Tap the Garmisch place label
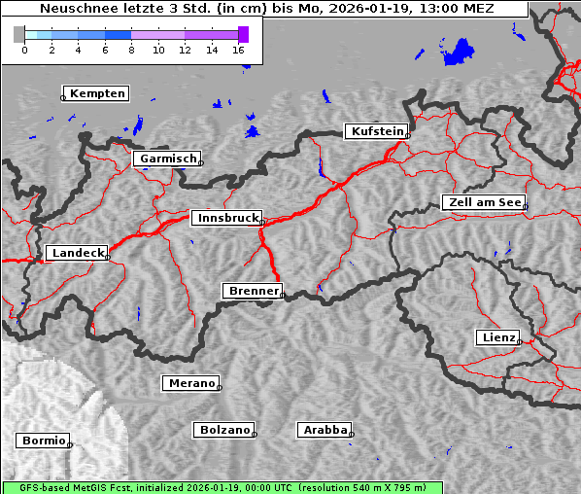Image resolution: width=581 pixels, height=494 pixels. tap(168, 159)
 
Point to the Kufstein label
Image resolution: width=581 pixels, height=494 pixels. tap(377, 131)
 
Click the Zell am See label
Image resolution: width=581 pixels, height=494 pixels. tap(484, 202)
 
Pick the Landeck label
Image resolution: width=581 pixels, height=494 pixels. tap(77, 253)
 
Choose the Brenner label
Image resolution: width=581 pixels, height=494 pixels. tap(254, 291)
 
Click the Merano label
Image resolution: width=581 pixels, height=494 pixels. tap(191, 383)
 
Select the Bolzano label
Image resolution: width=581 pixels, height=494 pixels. tap(225, 430)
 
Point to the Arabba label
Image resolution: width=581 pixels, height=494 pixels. tap(325, 430)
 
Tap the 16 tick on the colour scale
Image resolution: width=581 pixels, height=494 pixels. tap(239, 49)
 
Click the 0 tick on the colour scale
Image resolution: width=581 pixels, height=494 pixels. tap(24, 49)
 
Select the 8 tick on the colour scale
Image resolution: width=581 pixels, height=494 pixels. tap(131, 49)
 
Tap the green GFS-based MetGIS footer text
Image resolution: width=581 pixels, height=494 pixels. tap(222, 487)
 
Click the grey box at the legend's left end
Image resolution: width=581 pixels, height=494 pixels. tap(19, 34)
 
